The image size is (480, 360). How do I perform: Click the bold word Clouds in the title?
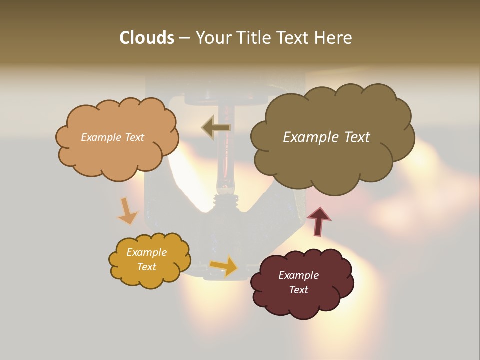(x=147, y=38)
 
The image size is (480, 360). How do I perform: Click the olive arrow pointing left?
(x=216, y=127)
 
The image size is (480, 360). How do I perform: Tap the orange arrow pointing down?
(x=127, y=211)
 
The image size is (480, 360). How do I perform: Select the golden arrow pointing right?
(x=224, y=265)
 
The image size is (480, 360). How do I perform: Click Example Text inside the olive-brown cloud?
(x=326, y=137)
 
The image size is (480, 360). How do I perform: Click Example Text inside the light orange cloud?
(x=112, y=137)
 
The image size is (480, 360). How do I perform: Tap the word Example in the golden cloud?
(x=146, y=252)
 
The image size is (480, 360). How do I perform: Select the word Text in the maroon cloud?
(x=298, y=290)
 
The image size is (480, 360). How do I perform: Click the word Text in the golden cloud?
(x=146, y=267)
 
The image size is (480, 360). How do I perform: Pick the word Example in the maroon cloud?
(x=298, y=275)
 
